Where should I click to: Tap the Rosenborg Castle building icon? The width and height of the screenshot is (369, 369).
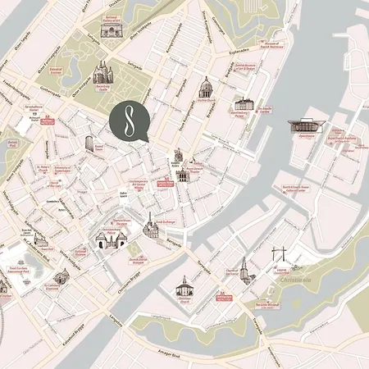(x=101, y=73)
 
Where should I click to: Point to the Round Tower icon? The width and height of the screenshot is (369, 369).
(x=89, y=143)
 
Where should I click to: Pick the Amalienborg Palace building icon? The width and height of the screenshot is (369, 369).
(x=244, y=104)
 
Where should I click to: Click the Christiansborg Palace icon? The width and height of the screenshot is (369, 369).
(x=112, y=239)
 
